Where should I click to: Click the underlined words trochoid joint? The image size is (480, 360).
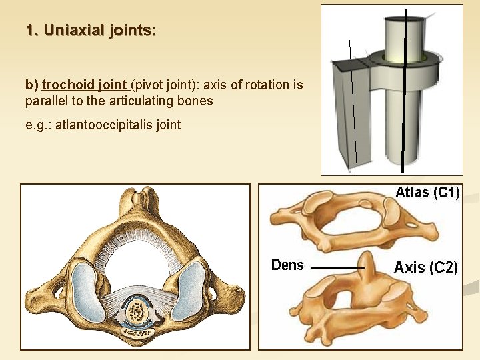coord(85,85)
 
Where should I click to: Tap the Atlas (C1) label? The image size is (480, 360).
coord(427,193)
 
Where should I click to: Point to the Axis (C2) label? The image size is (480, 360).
coord(425,267)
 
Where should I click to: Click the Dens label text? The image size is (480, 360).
coord(287,265)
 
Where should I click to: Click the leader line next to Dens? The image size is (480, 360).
coord(337,267)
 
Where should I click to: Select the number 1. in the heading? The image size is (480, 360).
coord(31,30)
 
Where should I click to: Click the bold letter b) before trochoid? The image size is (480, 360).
coord(32,85)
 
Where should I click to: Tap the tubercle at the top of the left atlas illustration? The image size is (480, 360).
coord(137,199)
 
